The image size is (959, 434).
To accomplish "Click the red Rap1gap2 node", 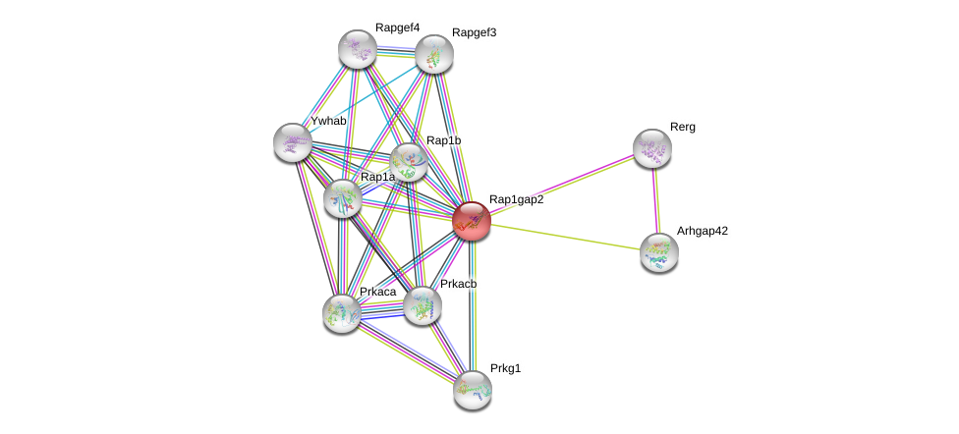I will [472, 221].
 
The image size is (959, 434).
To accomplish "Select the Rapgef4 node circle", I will [358, 49].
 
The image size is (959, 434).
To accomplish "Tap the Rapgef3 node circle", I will [433, 54].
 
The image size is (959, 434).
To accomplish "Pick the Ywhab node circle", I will [293, 142].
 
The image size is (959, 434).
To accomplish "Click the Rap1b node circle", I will [409, 162].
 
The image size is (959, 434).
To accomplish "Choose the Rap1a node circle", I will [343, 197].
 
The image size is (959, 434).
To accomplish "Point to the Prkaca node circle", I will [342, 312].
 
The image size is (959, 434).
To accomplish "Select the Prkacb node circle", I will [423, 304].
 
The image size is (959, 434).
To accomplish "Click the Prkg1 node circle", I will [473, 389].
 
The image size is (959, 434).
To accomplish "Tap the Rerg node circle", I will [651, 148].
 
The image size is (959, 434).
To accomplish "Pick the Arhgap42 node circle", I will [658, 251].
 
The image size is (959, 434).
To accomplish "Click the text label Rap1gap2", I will [516, 199].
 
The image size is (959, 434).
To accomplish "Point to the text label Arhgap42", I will [702, 231].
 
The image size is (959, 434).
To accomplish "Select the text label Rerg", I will [682, 127].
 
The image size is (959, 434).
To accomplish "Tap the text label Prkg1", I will [506, 369].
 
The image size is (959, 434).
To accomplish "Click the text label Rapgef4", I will [397, 27].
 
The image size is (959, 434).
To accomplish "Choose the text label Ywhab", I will [328, 121].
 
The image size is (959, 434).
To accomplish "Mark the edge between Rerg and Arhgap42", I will [655, 200].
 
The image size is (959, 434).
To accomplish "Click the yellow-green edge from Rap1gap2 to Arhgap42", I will [565, 237].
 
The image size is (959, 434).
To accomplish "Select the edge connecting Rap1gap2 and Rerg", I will [561, 185].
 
